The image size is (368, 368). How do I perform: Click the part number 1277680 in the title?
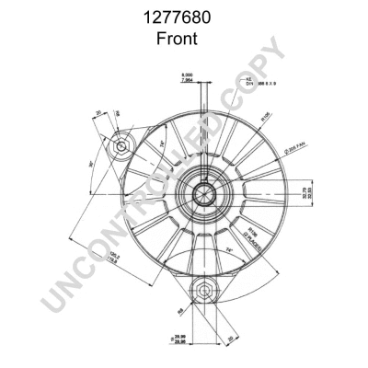click(x=183, y=17)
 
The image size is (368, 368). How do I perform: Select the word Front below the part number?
click(x=183, y=40)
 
